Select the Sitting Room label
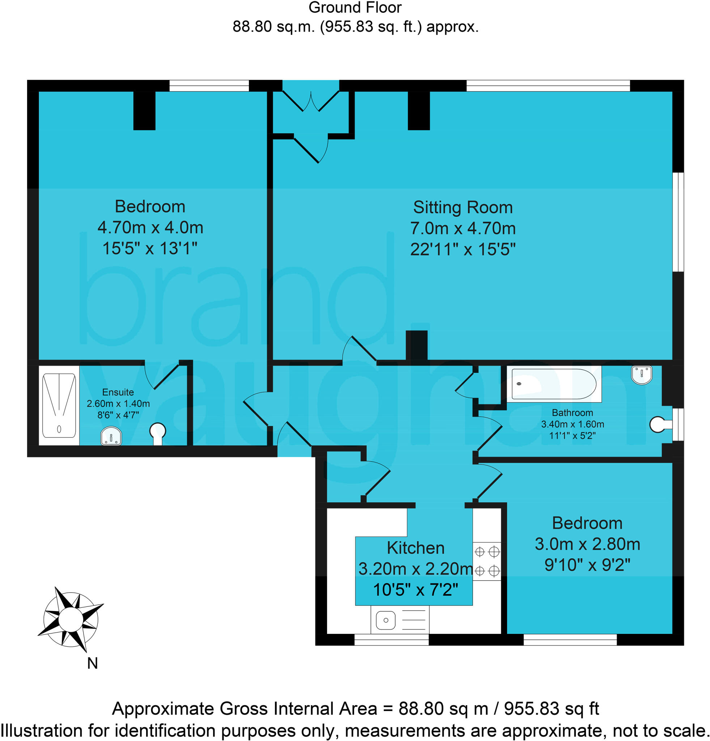click(463, 208)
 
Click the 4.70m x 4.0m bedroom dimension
click(150, 228)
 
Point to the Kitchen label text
click(415, 548)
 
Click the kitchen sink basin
click(386, 620)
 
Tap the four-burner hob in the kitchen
click(487, 561)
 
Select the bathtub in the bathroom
click(553, 384)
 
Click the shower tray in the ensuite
click(59, 405)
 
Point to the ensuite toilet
click(158, 433)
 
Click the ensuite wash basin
click(111, 437)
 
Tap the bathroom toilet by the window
click(659, 424)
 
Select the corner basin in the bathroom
click(642, 374)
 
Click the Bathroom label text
click(572, 412)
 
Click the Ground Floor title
click(355, 8)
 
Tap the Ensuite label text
click(118, 392)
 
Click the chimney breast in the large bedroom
click(144, 110)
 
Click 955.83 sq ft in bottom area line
click(551, 708)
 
